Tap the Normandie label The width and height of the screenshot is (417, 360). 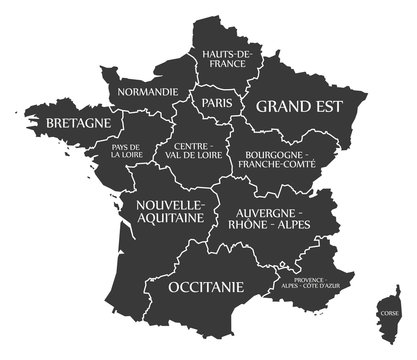[148, 91]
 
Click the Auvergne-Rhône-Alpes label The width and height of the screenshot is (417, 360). [271, 221]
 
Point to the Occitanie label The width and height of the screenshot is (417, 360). [206, 287]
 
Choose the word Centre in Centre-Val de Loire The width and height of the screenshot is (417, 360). [195, 145]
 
